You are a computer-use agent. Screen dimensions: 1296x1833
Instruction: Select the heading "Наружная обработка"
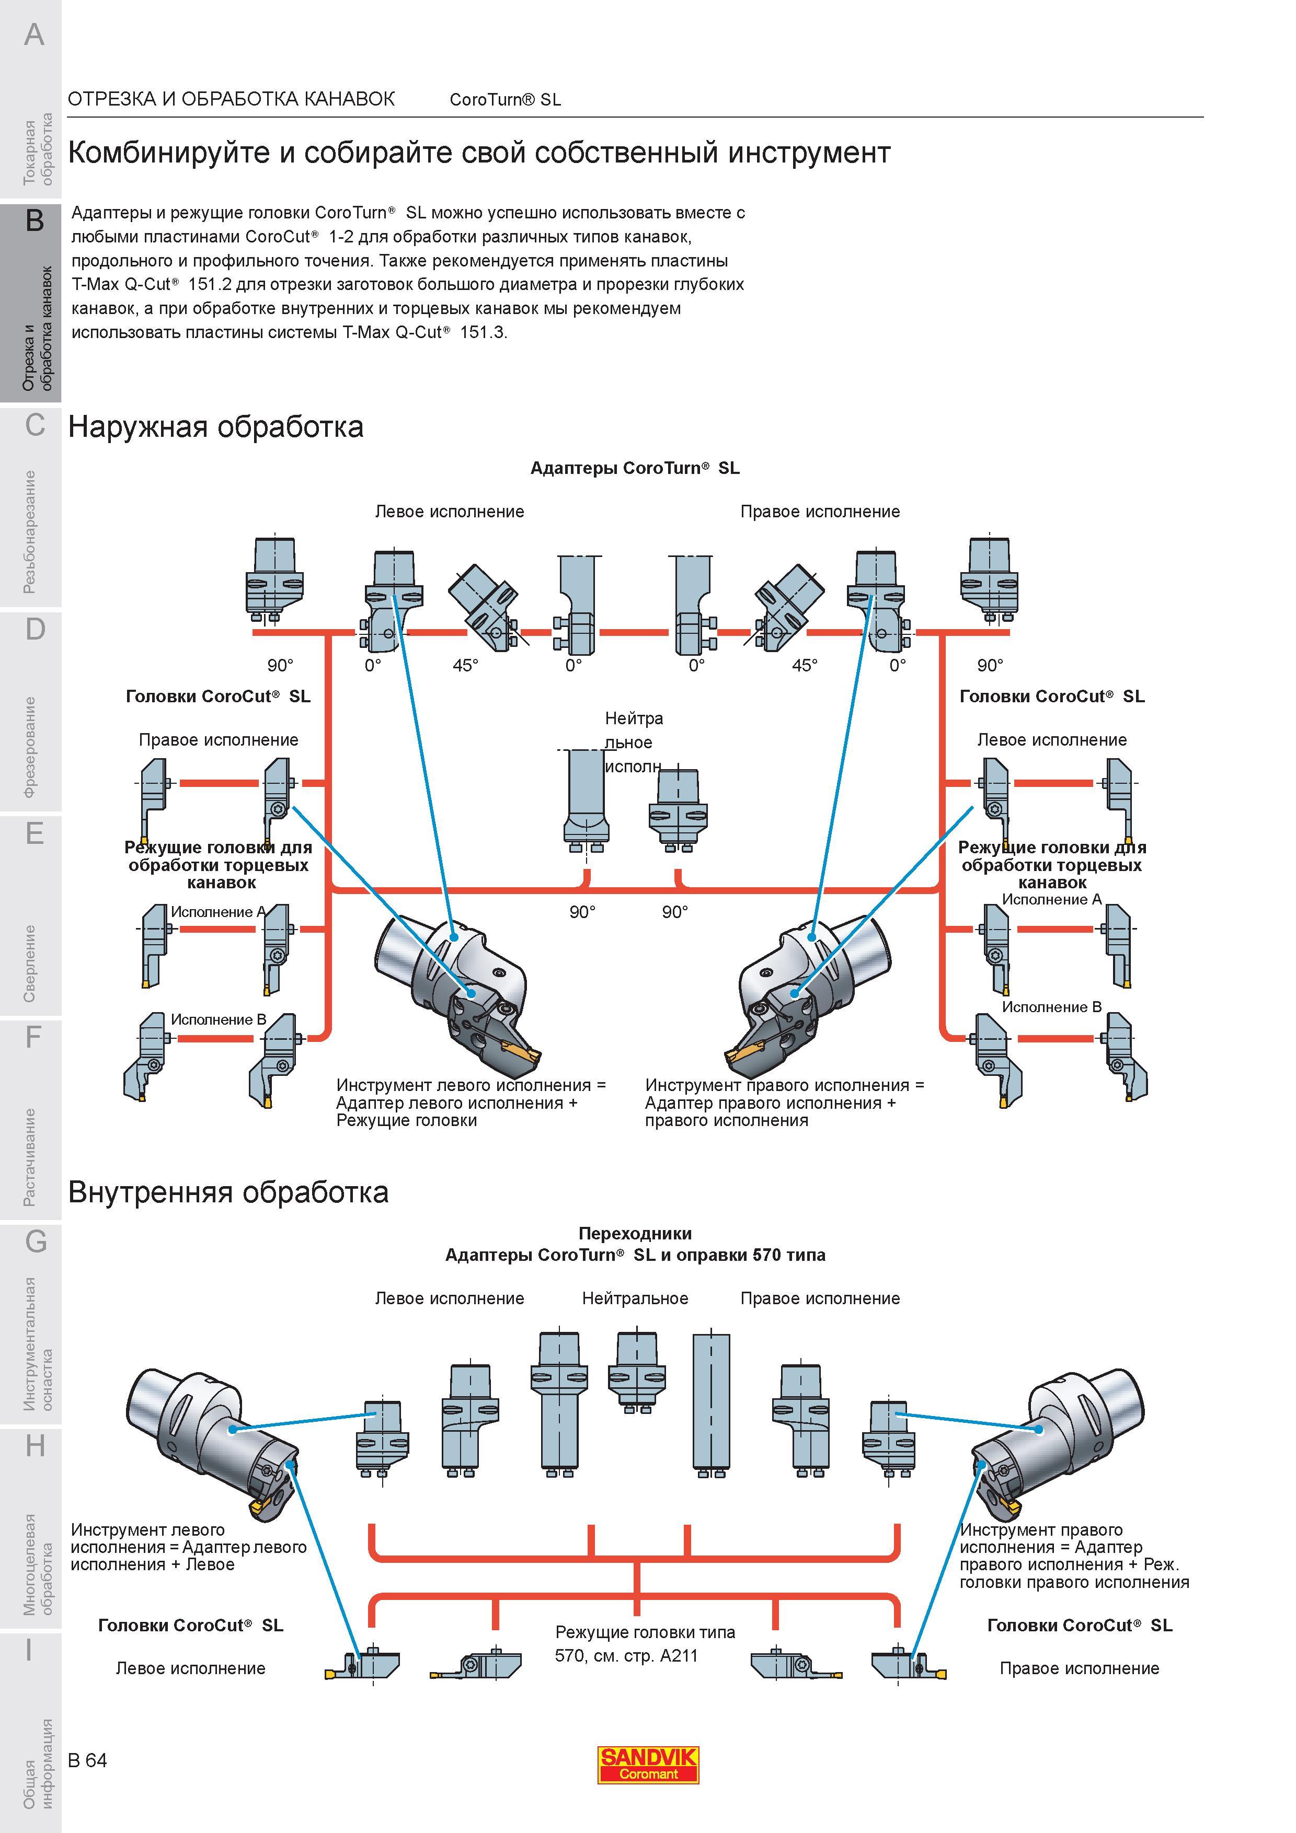(x=215, y=427)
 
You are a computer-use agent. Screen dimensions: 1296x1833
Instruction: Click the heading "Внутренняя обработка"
(x=228, y=1193)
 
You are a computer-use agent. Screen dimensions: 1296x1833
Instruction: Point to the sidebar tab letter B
(x=35, y=221)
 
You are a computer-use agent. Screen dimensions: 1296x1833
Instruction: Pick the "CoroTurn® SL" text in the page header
(x=506, y=100)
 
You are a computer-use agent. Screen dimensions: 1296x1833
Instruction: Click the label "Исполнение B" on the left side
(x=218, y=1020)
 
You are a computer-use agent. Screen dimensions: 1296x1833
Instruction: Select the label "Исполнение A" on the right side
(x=1052, y=900)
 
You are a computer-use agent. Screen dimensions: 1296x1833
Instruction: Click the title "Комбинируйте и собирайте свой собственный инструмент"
(x=479, y=153)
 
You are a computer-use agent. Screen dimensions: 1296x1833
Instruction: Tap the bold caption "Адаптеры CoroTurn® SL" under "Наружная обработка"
(x=635, y=469)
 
